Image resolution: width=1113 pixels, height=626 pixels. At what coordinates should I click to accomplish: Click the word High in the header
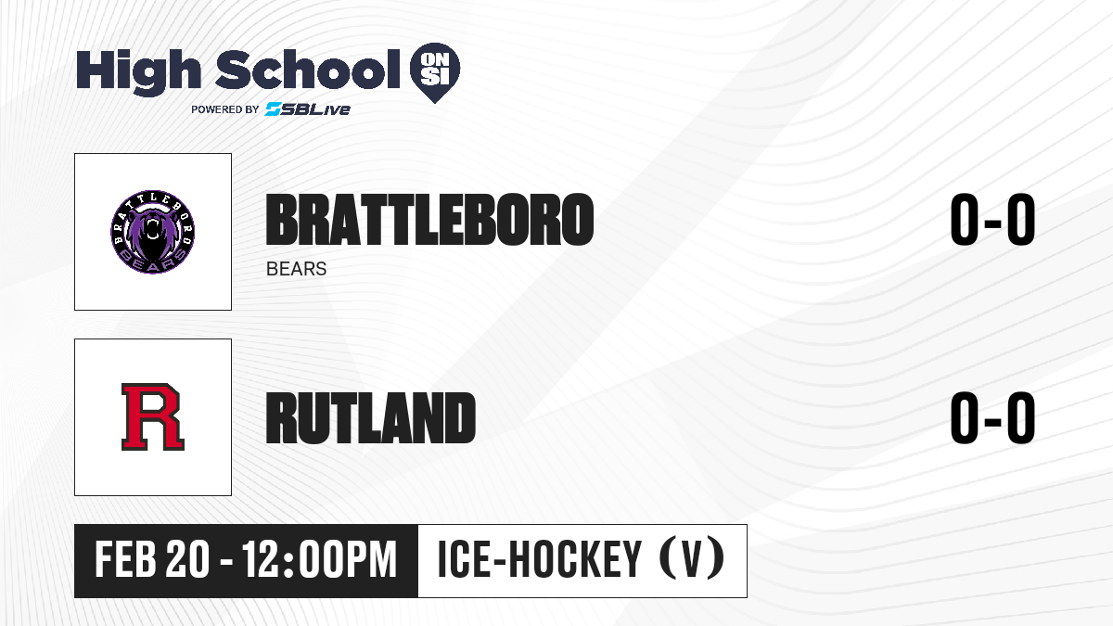click(x=138, y=72)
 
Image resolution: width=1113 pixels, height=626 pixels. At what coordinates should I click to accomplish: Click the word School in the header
click(x=308, y=70)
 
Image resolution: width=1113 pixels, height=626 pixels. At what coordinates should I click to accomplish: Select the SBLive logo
click(x=308, y=109)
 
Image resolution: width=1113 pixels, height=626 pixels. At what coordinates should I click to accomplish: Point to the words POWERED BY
click(x=225, y=109)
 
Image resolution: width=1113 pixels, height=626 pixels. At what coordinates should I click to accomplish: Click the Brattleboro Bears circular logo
click(x=152, y=232)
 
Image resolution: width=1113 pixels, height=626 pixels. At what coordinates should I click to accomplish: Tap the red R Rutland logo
click(x=153, y=416)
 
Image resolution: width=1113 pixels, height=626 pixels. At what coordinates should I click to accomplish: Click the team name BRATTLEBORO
click(x=429, y=220)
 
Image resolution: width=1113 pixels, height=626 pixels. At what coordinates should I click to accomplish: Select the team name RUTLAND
click(x=371, y=417)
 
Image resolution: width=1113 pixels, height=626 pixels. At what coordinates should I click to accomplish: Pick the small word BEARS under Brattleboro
click(x=296, y=269)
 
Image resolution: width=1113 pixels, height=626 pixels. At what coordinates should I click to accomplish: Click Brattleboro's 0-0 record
click(x=992, y=220)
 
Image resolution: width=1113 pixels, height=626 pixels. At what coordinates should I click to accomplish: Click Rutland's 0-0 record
click(x=992, y=417)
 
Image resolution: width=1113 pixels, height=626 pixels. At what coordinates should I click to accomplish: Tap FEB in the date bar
click(x=125, y=560)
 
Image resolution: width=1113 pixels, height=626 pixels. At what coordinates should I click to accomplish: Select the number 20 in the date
click(x=187, y=560)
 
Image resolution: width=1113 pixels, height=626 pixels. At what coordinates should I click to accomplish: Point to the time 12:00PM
click(x=319, y=560)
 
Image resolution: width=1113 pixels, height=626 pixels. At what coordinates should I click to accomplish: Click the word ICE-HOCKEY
click(x=539, y=559)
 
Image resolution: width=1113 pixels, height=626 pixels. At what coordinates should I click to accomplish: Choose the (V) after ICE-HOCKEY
click(x=692, y=558)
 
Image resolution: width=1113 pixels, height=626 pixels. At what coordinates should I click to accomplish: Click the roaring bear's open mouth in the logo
click(x=151, y=233)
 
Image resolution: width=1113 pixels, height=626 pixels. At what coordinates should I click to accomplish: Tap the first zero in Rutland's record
click(x=965, y=417)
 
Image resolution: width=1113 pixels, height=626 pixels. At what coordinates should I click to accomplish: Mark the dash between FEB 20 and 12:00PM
click(x=226, y=562)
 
